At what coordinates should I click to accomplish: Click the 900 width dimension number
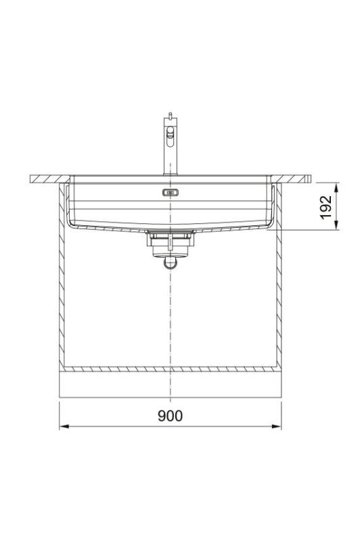pos(170,415)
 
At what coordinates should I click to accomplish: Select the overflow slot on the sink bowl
pos(171,193)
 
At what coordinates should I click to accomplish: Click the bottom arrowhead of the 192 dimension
pos(336,226)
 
